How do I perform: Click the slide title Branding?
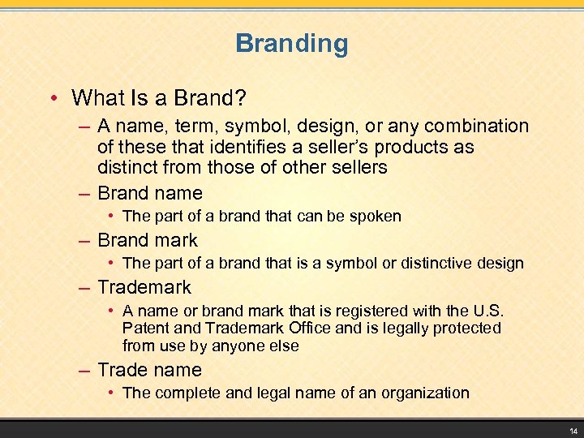pyautogui.click(x=291, y=44)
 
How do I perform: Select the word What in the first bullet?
pyautogui.click(x=98, y=98)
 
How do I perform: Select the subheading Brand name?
pyautogui.click(x=150, y=193)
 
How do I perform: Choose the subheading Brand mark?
pyautogui.click(x=148, y=240)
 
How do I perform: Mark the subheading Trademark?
pyautogui.click(x=144, y=287)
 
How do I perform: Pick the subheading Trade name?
pyautogui.click(x=150, y=370)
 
